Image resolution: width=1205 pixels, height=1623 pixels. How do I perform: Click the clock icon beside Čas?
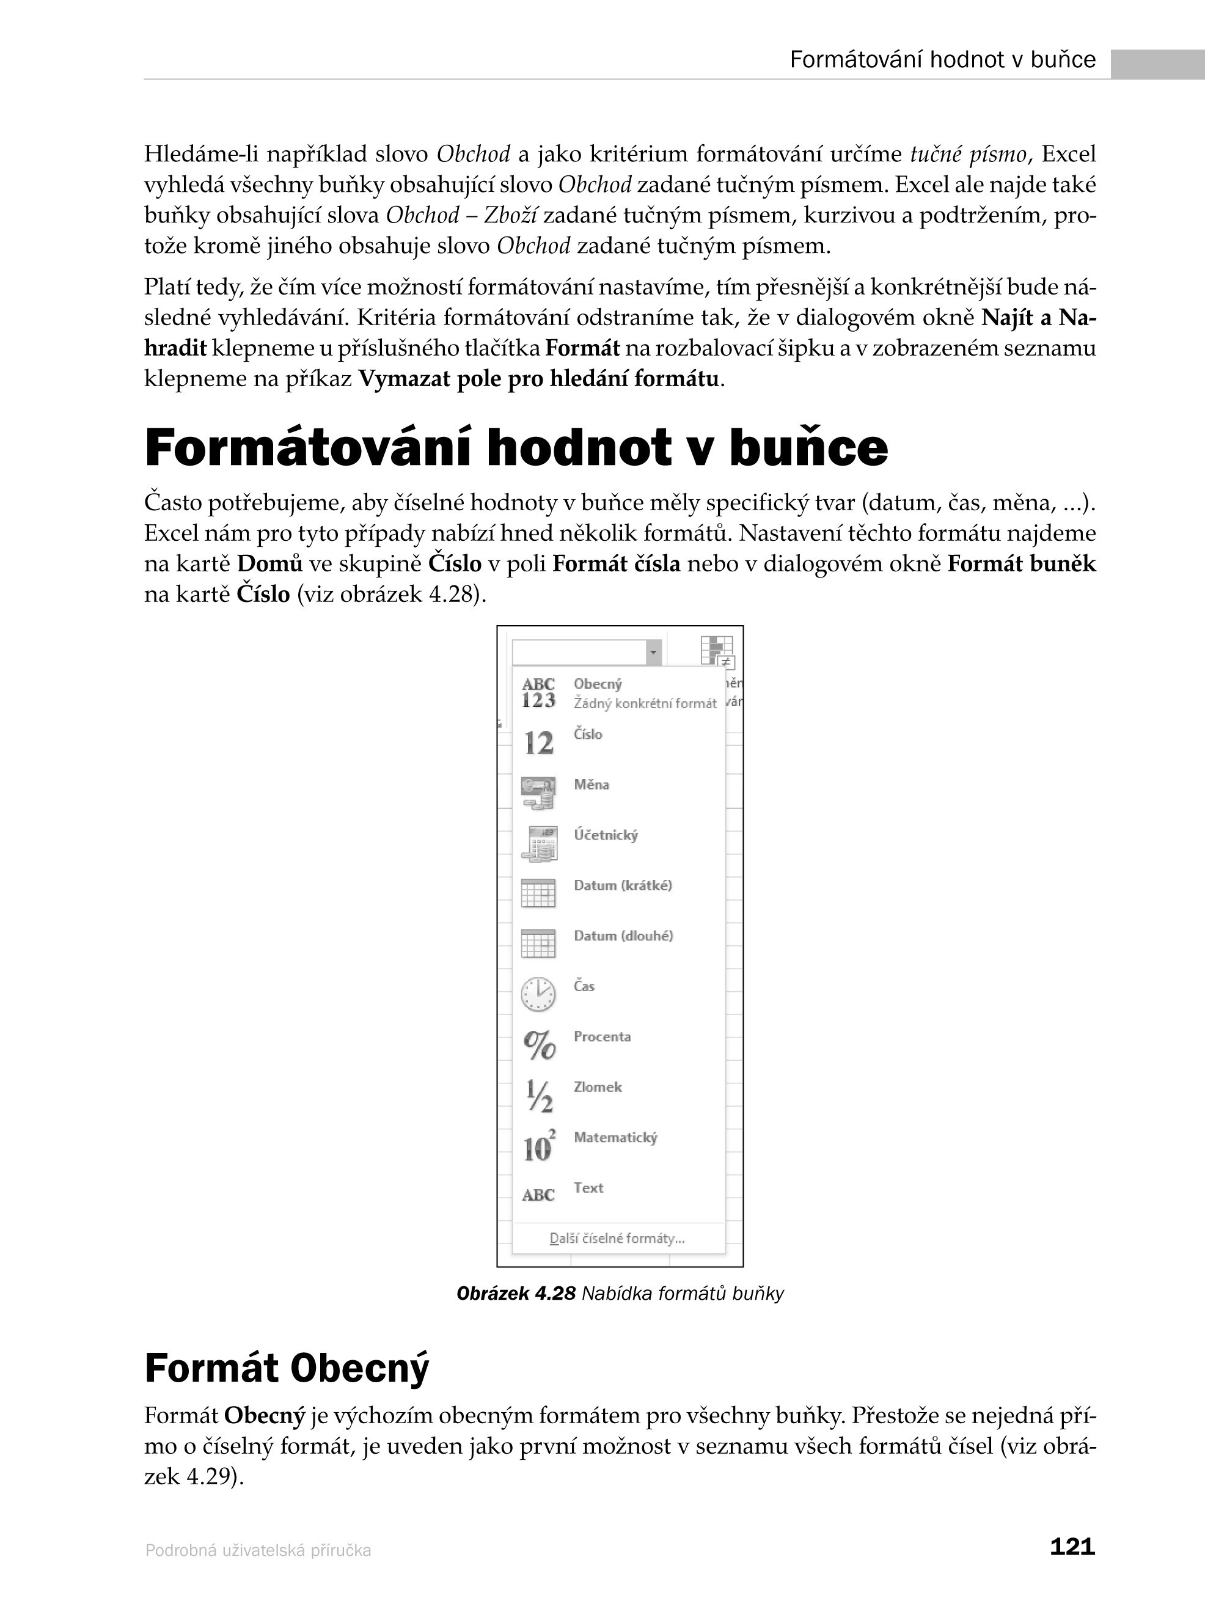538,994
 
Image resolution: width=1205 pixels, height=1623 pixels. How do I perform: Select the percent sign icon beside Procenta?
539,1044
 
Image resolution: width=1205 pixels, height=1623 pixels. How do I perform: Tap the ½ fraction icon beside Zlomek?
539,1096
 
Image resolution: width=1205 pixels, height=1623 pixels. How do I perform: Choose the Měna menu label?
591,785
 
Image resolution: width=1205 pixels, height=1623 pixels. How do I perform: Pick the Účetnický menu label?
606,835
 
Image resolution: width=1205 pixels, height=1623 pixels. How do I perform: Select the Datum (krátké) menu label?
622,885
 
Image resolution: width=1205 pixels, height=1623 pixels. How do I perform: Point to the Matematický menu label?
615,1137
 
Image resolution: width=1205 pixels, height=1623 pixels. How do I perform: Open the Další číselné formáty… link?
617,1238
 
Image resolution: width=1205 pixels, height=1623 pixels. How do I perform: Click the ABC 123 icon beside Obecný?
538,692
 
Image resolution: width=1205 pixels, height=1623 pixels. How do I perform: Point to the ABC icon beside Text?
538,1195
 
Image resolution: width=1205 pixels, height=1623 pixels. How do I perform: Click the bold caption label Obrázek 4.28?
516,1293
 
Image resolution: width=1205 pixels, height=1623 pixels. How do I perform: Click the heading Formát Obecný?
287,1368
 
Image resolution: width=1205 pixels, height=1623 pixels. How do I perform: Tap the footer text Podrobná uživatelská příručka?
258,1550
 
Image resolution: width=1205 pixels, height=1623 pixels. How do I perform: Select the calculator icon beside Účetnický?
539,843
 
